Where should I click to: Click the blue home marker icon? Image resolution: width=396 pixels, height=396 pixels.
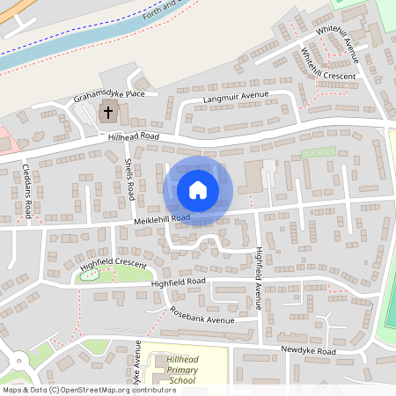[198, 189]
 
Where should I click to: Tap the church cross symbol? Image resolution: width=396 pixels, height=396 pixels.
[108, 112]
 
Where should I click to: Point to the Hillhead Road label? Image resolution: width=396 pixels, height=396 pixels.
[133, 137]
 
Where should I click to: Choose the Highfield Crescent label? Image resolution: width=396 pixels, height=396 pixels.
[113, 263]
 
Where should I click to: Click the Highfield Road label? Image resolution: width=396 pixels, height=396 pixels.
[177, 282]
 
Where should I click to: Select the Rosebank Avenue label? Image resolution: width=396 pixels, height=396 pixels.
[202, 316]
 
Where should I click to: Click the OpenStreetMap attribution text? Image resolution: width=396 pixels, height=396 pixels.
[88, 389]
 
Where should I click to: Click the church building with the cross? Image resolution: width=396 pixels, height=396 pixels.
[109, 112]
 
